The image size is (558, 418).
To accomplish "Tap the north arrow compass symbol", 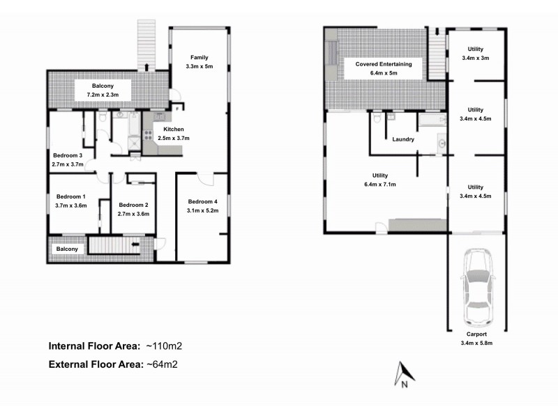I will click(x=404, y=373).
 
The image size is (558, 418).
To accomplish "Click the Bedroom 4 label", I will click(x=202, y=202).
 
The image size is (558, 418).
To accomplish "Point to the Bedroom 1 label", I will click(x=70, y=196).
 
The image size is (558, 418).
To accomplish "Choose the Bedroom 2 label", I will click(x=133, y=205).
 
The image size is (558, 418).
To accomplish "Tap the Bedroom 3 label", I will click(x=68, y=155).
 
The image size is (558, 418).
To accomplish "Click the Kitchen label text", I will click(x=174, y=130).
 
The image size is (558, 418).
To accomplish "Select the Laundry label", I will click(x=404, y=139).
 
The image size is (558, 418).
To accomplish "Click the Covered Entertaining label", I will click(x=384, y=64).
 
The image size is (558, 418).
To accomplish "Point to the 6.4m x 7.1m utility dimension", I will click(x=380, y=185).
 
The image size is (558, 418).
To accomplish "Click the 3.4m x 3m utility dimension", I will click(x=476, y=59).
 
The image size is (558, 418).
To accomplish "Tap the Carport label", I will click(x=476, y=334).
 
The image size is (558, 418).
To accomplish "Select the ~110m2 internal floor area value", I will click(x=165, y=346).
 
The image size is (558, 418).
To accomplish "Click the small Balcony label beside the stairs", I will click(x=68, y=249).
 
